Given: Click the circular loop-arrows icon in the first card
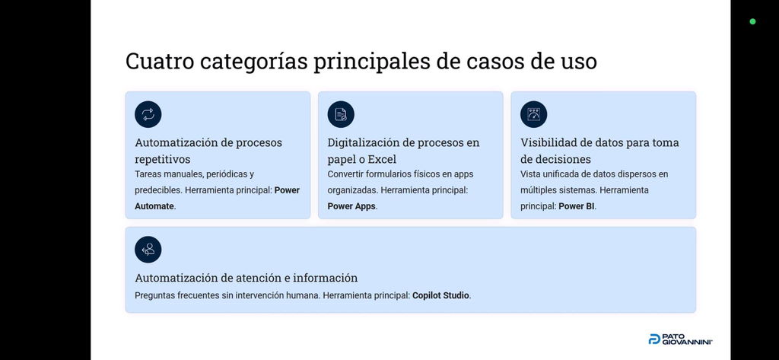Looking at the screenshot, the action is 148,114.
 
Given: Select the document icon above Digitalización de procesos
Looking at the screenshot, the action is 341,114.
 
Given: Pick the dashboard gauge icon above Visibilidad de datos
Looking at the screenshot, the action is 533,114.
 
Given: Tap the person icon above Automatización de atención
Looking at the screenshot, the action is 148,250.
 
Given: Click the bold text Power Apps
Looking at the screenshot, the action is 351,206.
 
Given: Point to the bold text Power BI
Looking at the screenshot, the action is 577,206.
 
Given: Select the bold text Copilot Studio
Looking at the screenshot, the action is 440,295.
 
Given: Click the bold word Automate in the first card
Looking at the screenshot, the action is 154,206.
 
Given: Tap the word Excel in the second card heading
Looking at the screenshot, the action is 382,160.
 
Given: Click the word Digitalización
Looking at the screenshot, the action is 364,143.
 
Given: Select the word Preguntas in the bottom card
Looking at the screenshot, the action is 153,295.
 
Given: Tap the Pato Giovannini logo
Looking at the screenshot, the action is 681,339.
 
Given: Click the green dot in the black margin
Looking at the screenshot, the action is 752,21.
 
